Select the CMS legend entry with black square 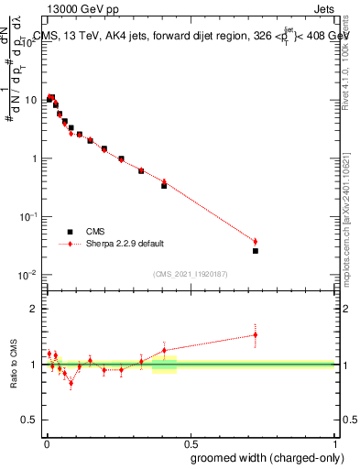[70, 232]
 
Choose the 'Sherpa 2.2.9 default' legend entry [70, 244]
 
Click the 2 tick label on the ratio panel [34, 309]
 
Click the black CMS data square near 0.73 [256, 250]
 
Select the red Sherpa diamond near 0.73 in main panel [256, 242]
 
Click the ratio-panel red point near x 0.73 [256, 334]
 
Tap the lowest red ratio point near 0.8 [71, 383]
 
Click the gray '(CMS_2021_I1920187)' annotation [190, 273]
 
